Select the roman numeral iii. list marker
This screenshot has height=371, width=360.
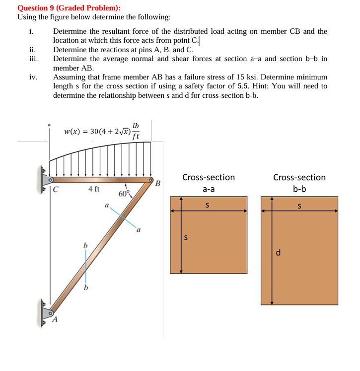coord(32,59)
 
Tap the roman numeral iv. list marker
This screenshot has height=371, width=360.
coord(32,77)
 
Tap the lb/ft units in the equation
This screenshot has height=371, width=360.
coord(136,131)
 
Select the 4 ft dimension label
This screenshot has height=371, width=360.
coord(94,189)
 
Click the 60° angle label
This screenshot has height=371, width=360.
coord(124,193)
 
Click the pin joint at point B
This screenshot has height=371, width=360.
coord(150,180)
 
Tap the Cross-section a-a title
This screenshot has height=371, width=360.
coord(209,183)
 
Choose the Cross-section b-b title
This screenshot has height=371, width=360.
coord(299,183)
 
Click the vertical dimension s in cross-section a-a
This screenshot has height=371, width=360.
coord(186,237)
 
